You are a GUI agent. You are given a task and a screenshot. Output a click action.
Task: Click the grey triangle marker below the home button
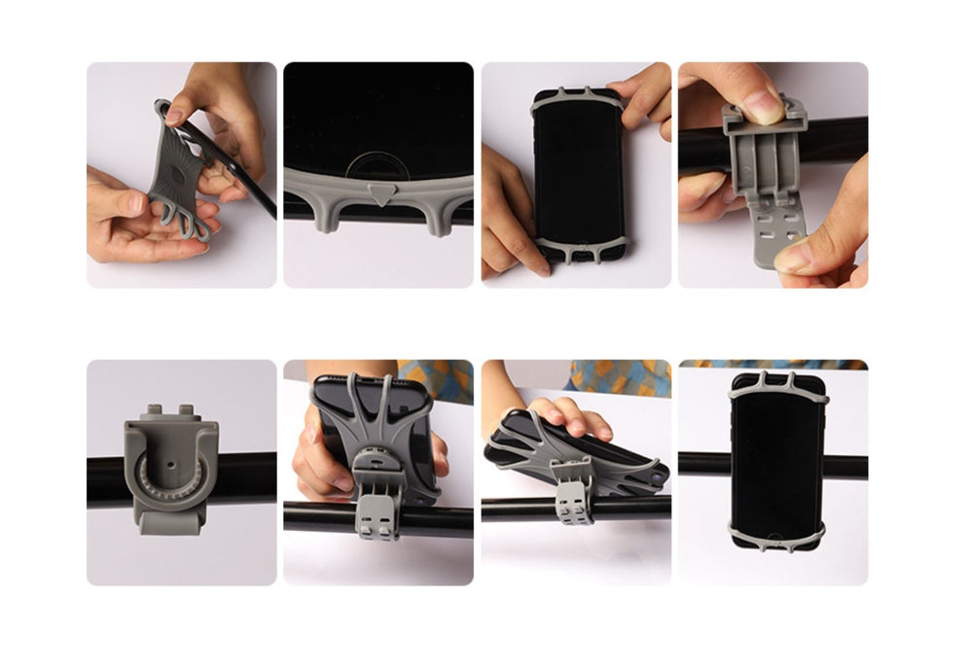[378, 195]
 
